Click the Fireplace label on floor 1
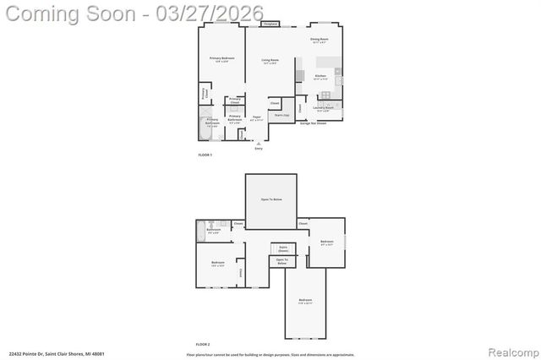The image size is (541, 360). click(x=270, y=24)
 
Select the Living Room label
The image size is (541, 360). click(x=270, y=61)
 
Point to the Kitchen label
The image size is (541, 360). click(x=320, y=77)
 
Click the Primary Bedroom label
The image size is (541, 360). click(x=222, y=58)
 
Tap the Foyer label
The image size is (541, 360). click(x=257, y=118)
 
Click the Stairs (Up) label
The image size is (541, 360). click(x=281, y=114)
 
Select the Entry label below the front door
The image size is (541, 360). click(x=259, y=149)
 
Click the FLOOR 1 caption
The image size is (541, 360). click(x=205, y=155)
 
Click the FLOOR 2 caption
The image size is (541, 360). click(x=203, y=344)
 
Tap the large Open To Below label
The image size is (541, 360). click(x=271, y=199)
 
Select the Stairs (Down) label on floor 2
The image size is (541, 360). click(x=282, y=250)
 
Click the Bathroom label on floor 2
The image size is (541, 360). click(x=214, y=231)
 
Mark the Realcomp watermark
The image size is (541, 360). click(x=509, y=350)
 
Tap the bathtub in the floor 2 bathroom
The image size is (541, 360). click(x=201, y=231)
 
